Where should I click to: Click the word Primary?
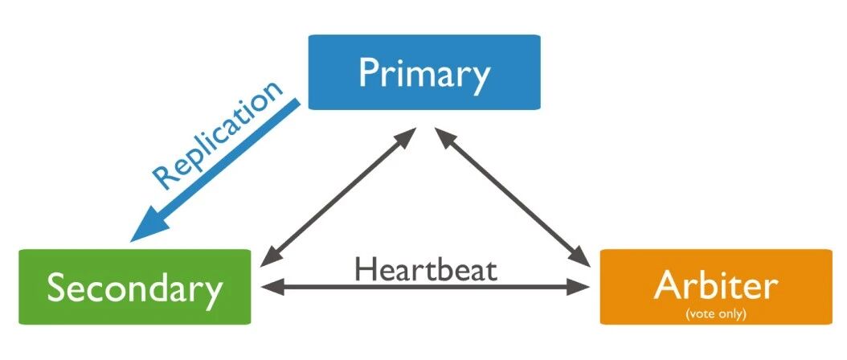[x=424, y=73]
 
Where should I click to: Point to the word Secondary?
[x=134, y=288]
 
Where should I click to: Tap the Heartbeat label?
[x=425, y=268]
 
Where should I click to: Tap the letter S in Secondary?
[x=57, y=288]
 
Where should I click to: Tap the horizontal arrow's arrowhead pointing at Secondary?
[x=267, y=285]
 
